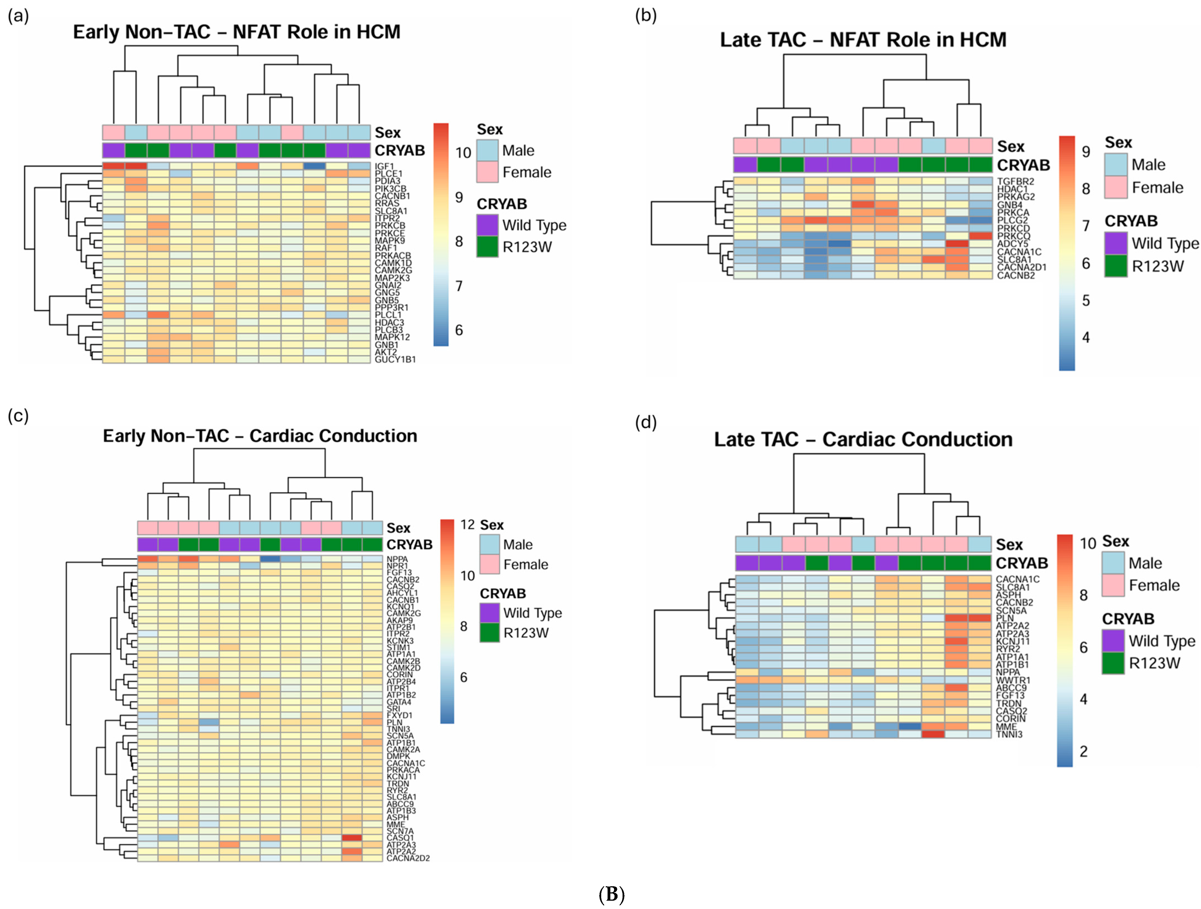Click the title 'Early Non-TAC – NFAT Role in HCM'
coord(237,32)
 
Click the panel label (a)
coord(18,16)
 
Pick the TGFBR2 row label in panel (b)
coord(1015,181)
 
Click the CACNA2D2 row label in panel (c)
coord(408,858)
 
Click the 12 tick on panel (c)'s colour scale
coord(467,524)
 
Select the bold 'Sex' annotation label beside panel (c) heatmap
coord(398,528)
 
